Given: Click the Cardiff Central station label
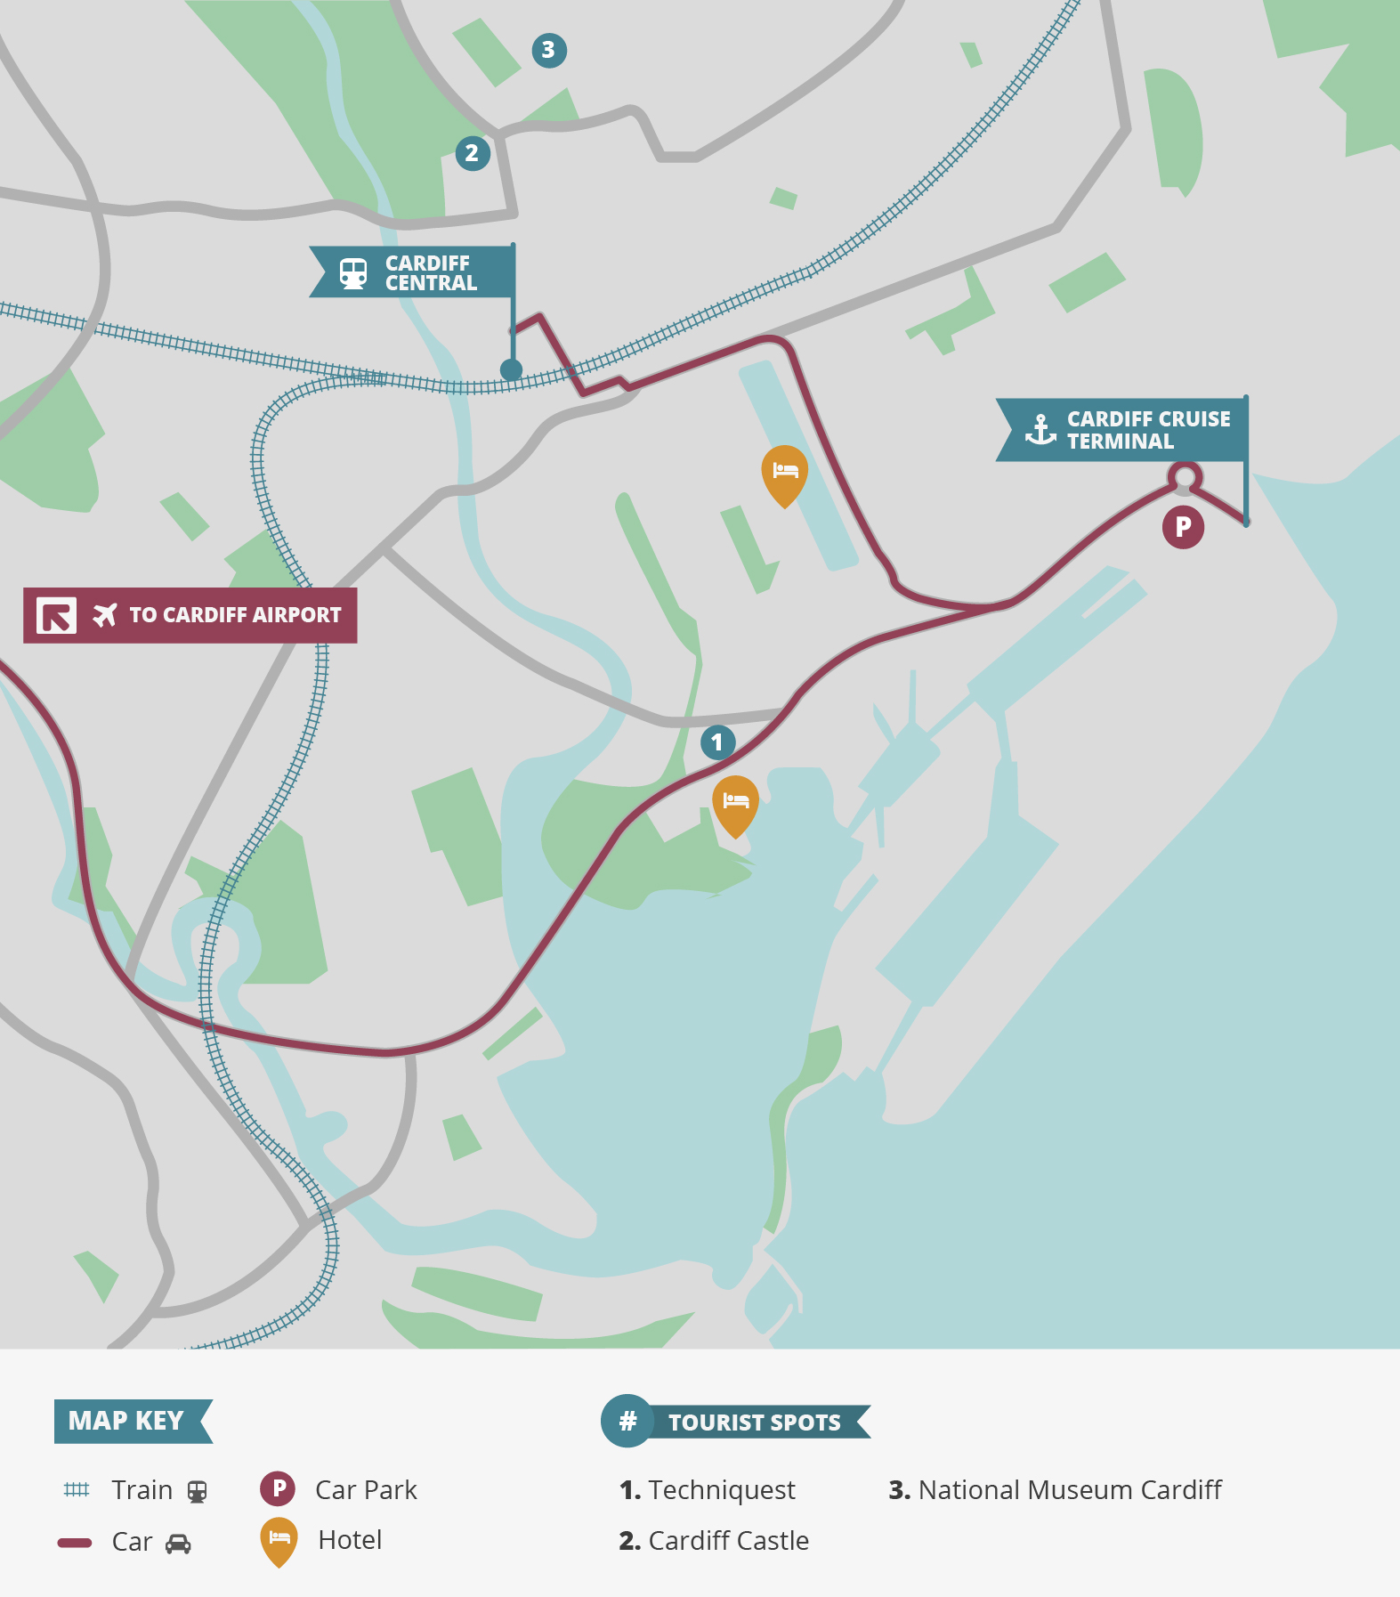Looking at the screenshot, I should [x=430, y=273].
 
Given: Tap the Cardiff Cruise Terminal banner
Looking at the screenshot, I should [x=1147, y=430].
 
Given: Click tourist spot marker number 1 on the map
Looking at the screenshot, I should [x=717, y=742].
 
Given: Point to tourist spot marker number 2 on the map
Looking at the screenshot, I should [x=472, y=153].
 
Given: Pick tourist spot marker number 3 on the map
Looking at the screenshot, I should [x=548, y=51].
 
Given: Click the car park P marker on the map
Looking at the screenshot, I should [x=1183, y=527].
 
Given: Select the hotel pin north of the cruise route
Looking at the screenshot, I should [x=784, y=472].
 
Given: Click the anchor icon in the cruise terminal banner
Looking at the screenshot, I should [x=1040, y=430].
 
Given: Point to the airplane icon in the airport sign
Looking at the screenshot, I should [x=105, y=615].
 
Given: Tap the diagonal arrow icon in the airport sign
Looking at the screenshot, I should [x=56, y=615].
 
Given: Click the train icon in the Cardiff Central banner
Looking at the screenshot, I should [x=353, y=273].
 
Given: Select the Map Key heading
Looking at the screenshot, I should [x=126, y=1421].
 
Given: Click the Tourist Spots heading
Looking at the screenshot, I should [x=753, y=1423].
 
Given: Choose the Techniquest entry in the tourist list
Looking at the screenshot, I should [x=708, y=1490].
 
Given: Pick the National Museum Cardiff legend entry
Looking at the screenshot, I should [x=1056, y=1490].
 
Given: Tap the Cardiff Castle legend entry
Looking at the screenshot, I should [x=714, y=1541].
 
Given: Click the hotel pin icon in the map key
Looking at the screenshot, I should [x=279, y=1540].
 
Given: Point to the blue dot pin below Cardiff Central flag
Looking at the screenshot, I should [x=511, y=369].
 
